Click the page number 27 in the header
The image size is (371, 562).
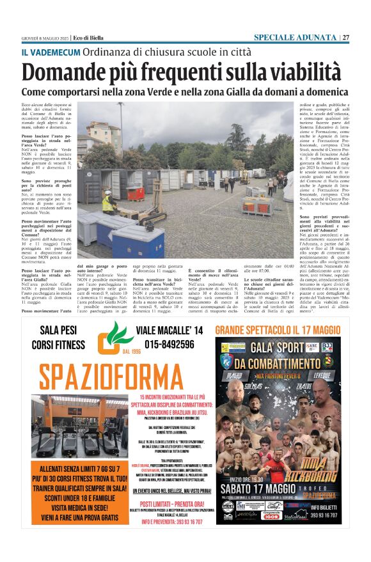[x=345, y=37]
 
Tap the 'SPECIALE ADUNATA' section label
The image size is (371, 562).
[x=295, y=37]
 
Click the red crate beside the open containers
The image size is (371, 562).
[x=136, y=192]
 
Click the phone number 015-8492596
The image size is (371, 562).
[x=170, y=345]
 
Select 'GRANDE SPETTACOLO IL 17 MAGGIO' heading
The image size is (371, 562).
[x=278, y=331]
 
